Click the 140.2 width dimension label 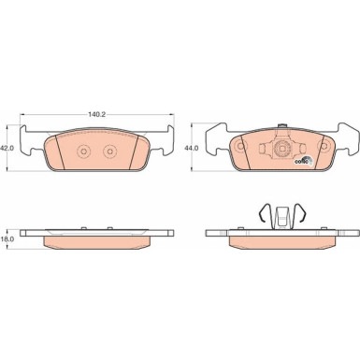tap(97, 114)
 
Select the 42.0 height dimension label tap(7, 149)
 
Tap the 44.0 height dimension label tap(192, 149)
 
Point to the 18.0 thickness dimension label tap(7, 239)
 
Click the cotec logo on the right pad tap(303, 161)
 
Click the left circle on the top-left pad tap(83, 151)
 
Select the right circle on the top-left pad tap(109, 151)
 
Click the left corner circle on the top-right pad tap(240, 146)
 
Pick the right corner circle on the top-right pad tap(324, 146)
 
